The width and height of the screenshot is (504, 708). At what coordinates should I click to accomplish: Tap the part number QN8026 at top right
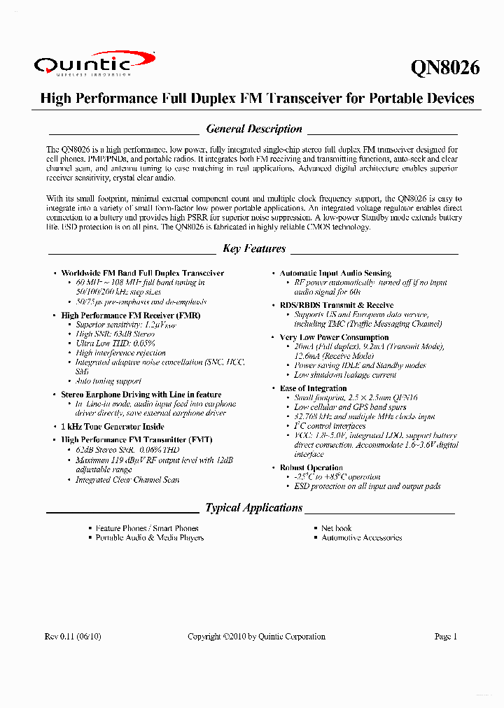coord(444,67)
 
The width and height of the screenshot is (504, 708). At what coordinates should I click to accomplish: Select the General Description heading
coord(254,129)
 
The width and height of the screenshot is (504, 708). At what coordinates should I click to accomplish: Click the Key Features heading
coord(254,249)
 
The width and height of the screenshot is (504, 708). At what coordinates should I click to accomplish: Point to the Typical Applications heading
coord(254,508)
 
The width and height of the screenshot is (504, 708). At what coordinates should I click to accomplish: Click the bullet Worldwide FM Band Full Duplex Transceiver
coord(143,273)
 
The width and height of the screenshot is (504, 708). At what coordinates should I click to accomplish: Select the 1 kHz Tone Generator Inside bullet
coord(113,426)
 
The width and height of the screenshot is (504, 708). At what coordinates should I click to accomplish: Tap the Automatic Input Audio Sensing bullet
coord(335,273)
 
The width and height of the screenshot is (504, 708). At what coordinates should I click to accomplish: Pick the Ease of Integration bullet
coord(313,388)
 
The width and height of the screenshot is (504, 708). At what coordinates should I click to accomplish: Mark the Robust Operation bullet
coord(311,467)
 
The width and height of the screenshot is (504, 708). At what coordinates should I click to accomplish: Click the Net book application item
coord(336,528)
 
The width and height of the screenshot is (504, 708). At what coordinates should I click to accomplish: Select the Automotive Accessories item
coord(362,538)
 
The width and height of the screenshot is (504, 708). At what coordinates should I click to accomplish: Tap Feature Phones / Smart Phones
coord(147,528)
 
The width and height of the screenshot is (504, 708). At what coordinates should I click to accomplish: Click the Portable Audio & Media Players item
coord(150,538)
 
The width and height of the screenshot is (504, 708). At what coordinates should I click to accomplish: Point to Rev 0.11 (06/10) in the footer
coord(73,637)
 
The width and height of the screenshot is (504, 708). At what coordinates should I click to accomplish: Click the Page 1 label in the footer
coord(446,637)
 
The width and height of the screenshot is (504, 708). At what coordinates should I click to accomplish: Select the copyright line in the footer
coord(256,637)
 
